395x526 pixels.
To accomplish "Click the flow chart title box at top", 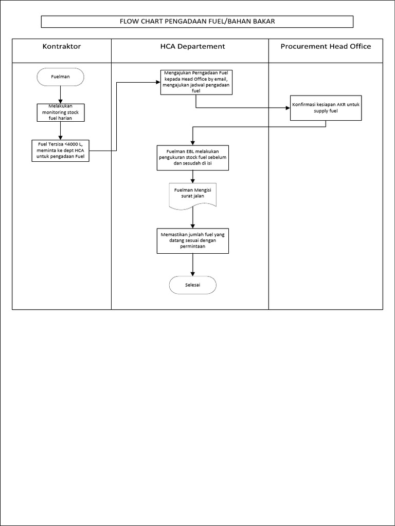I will coord(197,22).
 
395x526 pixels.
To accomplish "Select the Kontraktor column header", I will coord(61,47).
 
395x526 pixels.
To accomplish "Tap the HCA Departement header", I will coord(190,47).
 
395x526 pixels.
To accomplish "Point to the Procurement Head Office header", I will coord(326,47).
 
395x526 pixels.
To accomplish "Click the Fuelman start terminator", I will coord(61,77).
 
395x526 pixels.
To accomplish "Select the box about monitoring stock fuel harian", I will coord(61,112).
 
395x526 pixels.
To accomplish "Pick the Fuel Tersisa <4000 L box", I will coord(60,151).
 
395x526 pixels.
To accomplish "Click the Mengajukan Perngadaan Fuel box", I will coord(195,82).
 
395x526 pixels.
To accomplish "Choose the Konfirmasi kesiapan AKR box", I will coord(326,108).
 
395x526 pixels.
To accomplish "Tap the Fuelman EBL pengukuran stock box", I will coord(192,158).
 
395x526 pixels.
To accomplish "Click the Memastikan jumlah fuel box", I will coord(192,240).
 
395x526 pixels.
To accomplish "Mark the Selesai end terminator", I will coord(193,285).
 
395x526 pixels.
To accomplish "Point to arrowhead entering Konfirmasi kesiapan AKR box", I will coord(287,108).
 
